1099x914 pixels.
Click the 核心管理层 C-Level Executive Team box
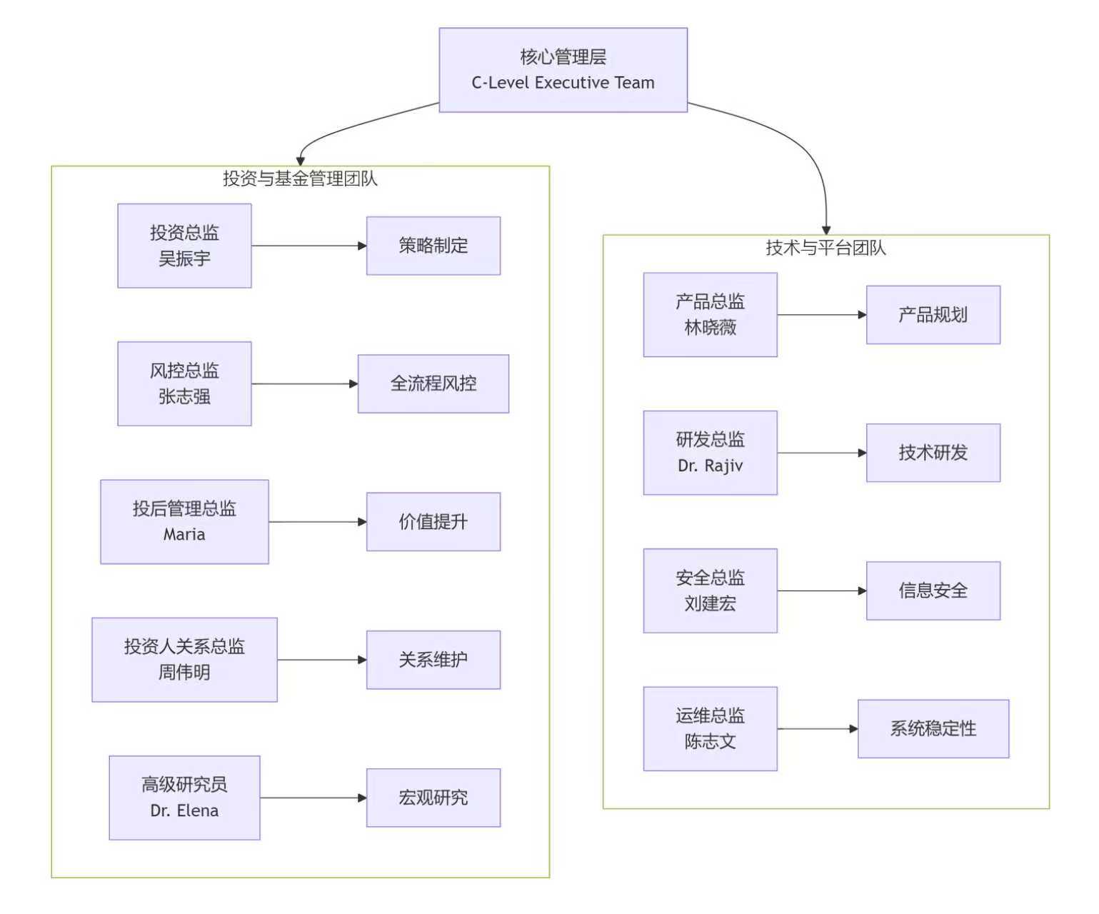[x=563, y=70]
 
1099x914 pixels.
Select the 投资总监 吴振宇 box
[x=184, y=246]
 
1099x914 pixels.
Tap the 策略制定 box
[x=433, y=246]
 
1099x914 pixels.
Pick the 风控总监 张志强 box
[x=184, y=383]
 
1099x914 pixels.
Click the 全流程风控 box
[x=433, y=383]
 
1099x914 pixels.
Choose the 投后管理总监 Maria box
[x=184, y=522]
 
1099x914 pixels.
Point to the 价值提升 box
[x=433, y=522]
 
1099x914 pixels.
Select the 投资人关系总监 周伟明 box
[x=184, y=660]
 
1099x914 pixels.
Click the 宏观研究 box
[x=433, y=798]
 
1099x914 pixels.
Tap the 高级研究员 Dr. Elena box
[x=184, y=798]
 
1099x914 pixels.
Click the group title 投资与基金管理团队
[x=300, y=179]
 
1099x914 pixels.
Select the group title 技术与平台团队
[x=825, y=248]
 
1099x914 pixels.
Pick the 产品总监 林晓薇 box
[x=710, y=314]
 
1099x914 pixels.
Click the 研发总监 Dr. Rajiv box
[x=710, y=453]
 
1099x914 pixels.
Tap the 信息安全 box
[x=933, y=591]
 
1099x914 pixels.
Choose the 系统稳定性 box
[x=933, y=728]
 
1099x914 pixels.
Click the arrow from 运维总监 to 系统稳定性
[x=817, y=728]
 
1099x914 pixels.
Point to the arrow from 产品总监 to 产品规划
[x=821, y=314]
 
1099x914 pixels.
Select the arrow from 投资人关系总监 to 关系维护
[x=321, y=660]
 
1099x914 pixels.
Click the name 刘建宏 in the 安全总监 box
[x=710, y=604]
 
